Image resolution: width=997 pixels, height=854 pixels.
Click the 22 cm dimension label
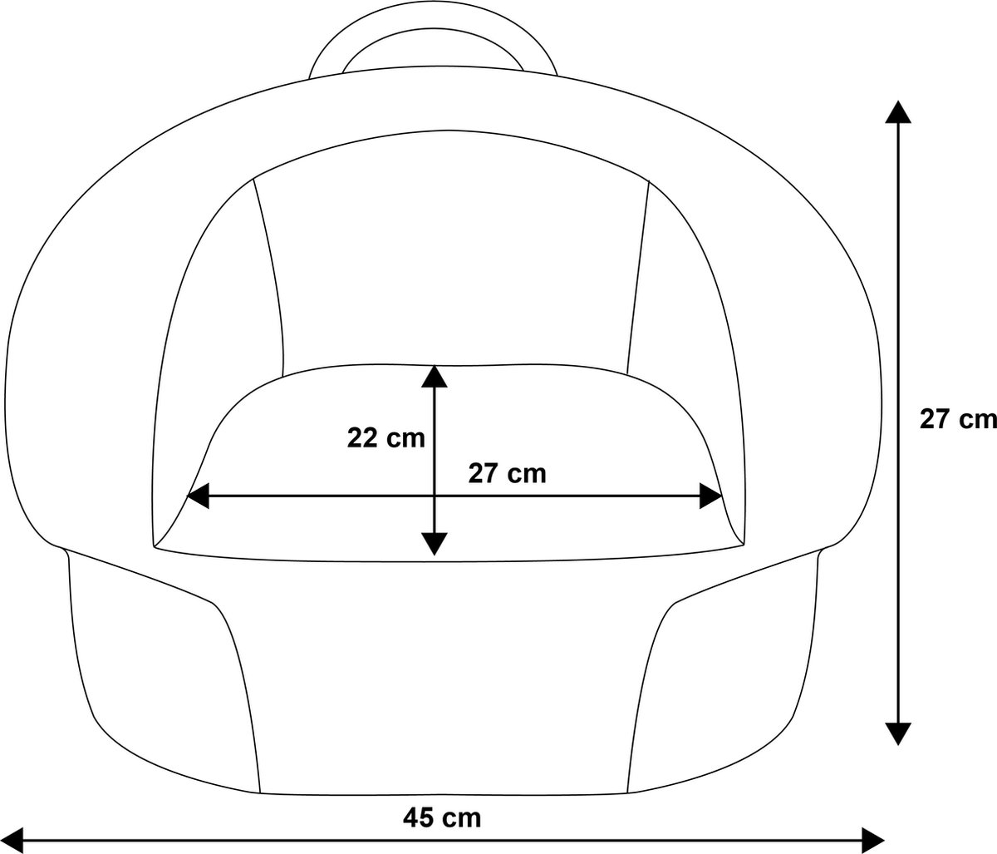386,438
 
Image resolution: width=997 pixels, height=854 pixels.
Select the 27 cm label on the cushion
507,474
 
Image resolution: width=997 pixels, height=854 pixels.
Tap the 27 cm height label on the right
958,419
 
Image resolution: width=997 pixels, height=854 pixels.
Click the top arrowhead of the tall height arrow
898,112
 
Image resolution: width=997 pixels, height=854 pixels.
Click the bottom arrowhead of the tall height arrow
898,733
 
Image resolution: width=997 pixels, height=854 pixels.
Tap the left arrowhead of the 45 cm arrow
12,841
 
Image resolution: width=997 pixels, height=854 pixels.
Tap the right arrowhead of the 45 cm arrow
872,841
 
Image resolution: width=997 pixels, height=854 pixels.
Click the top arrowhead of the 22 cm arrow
434,377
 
